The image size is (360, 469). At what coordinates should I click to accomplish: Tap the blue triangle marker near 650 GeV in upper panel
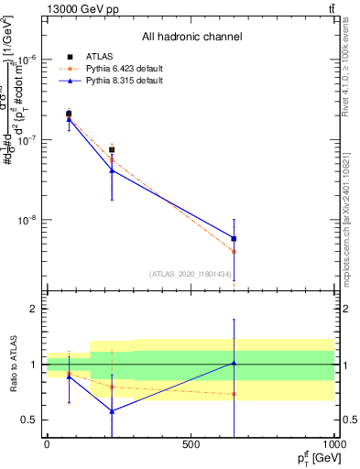(x=235, y=238)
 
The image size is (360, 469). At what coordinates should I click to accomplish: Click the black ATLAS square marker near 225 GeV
(x=112, y=149)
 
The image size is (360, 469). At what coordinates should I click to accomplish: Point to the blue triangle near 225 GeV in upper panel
(x=112, y=170)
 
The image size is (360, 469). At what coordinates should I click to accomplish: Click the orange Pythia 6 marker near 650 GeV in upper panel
(x=235, y=251)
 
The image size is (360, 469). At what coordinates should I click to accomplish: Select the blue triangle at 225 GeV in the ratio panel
(x=112, y=411)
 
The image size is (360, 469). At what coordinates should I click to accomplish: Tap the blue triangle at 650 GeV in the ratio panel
(x=235, y=363)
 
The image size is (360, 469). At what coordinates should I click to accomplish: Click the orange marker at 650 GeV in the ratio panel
(x=235, y=394)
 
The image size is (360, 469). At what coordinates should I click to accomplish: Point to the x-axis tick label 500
(x=191, y=443)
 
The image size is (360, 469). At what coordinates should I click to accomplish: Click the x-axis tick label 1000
(x=333, y=443)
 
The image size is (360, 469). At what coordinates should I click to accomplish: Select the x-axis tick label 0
(x=47, y=443)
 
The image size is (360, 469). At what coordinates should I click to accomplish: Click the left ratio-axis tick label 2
(x=32, y=310)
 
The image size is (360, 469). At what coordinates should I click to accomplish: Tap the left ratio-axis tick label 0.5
(x=28, y=420)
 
